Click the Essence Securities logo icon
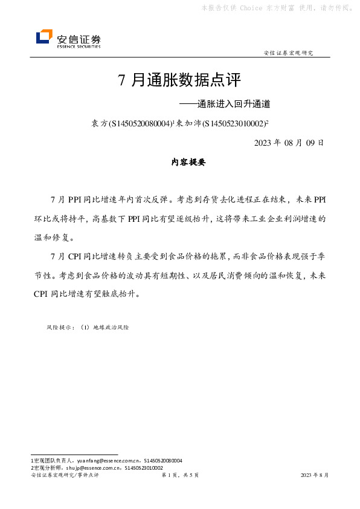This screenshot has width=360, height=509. pyautogui.click(x=44, y=37)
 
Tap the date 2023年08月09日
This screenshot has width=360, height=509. pyautogui.click(x=289, y=143)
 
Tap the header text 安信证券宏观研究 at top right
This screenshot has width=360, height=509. pyautogui.click(x=289, y=53)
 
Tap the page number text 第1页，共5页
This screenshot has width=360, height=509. pyautogui.click(x=180, y=476)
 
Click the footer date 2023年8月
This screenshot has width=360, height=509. pyautogui.click(x=315, y=476)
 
